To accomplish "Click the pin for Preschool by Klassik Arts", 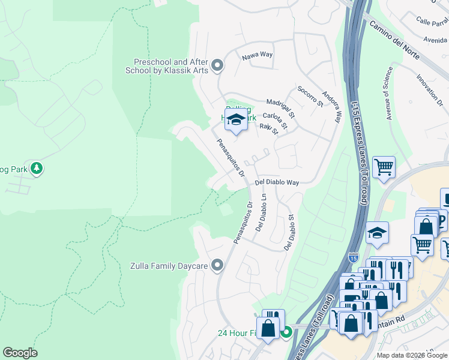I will [217, 65].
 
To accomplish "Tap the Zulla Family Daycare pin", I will [217, 265].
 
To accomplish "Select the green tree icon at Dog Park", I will [37, 169].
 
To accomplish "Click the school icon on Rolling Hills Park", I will [237, 118].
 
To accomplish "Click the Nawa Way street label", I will [257, 55].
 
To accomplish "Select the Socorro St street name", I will [310, 96].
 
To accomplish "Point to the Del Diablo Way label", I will [277, 182].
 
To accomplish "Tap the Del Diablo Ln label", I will [261, 213].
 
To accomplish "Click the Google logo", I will [20, 353].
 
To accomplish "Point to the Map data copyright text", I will [412, 355].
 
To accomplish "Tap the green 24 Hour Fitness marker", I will [287, 331].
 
